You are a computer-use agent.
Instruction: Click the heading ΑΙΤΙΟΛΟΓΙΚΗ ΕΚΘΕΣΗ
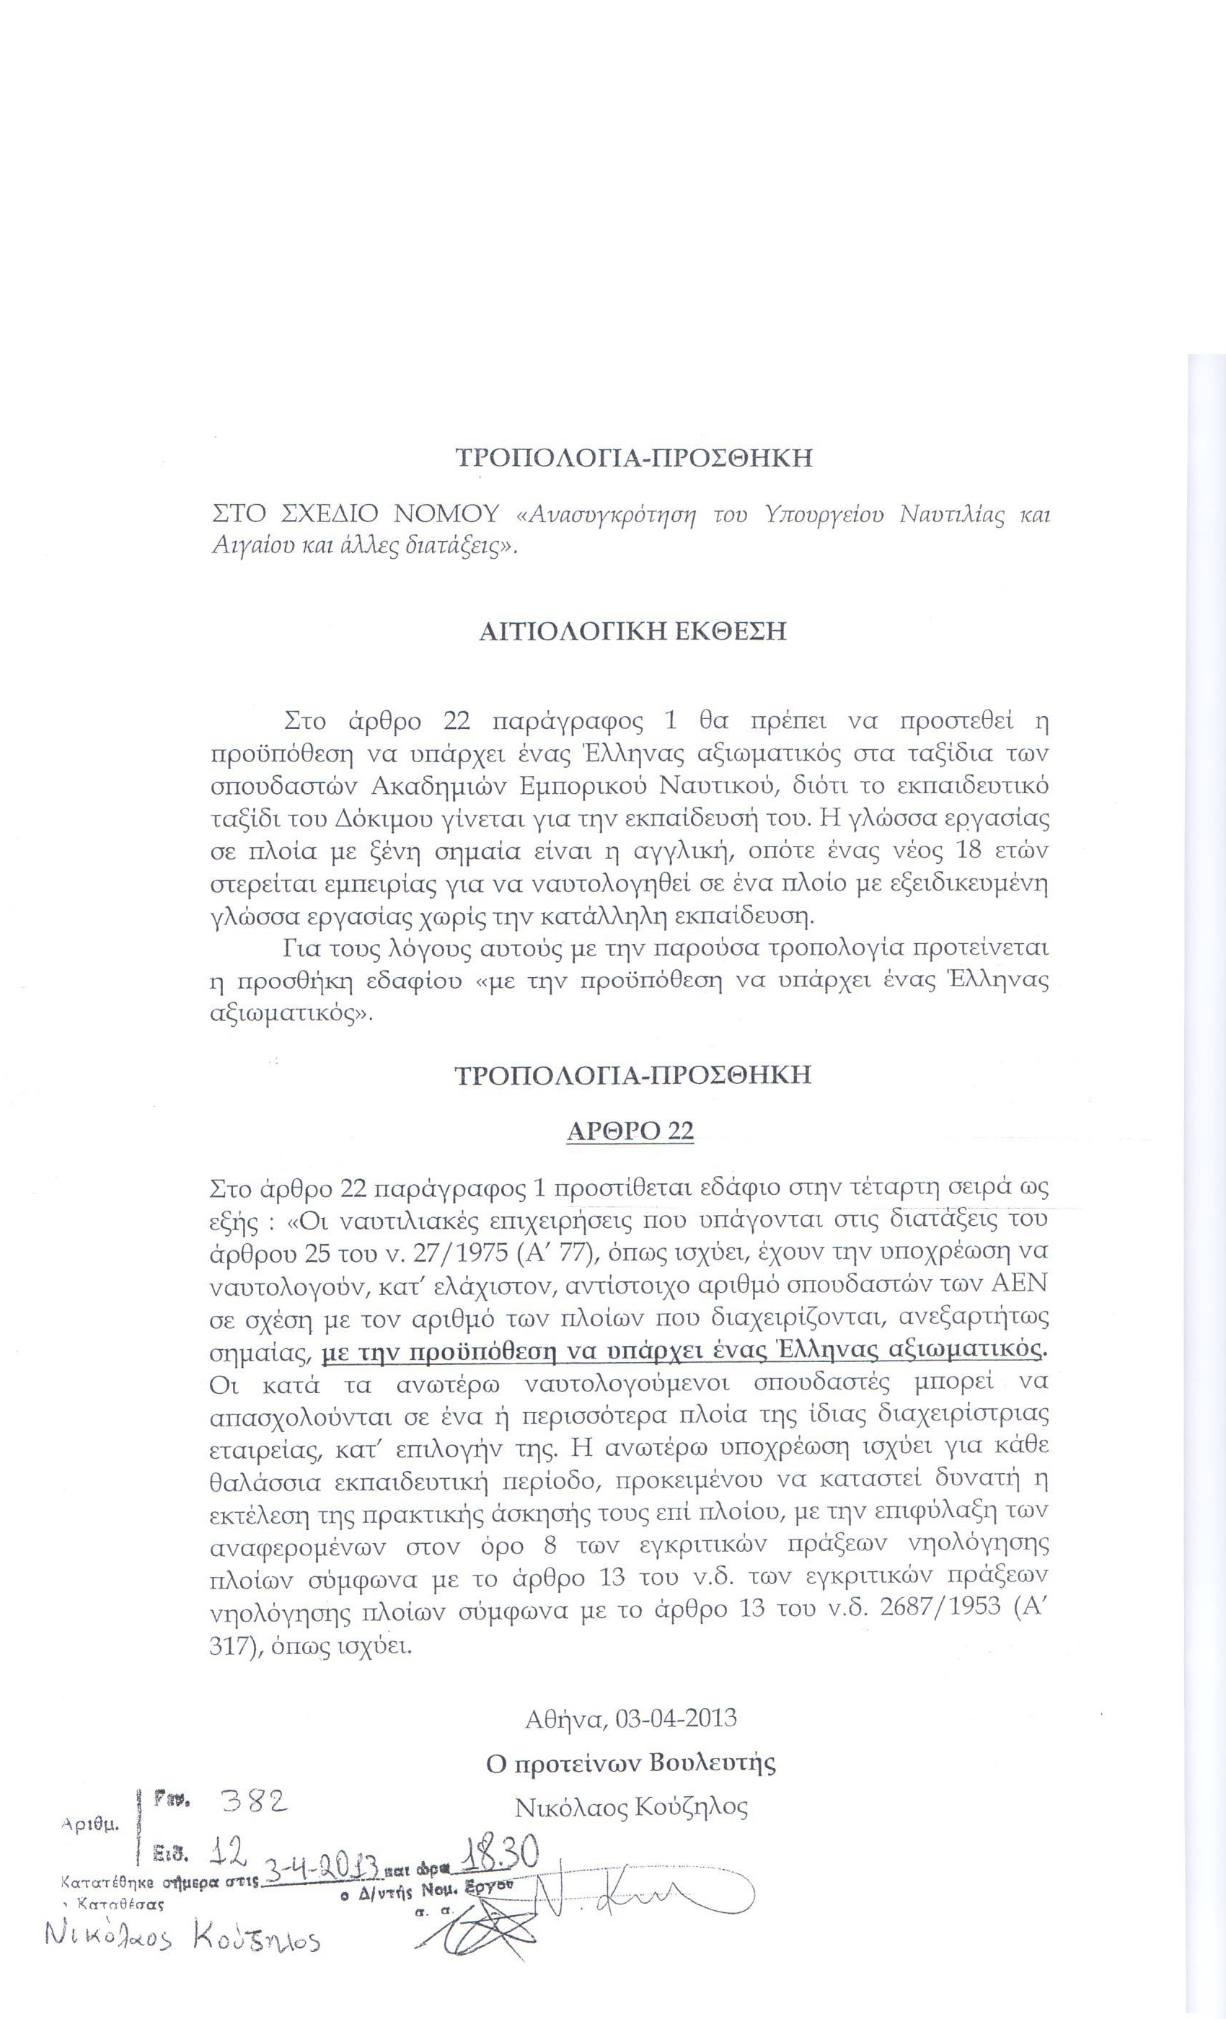[632, 632]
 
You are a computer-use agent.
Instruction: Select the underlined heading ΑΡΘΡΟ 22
[630, 1131]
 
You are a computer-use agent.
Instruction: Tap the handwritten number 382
[255, 1801]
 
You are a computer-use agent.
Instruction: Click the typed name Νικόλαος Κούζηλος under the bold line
[631, 1807]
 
